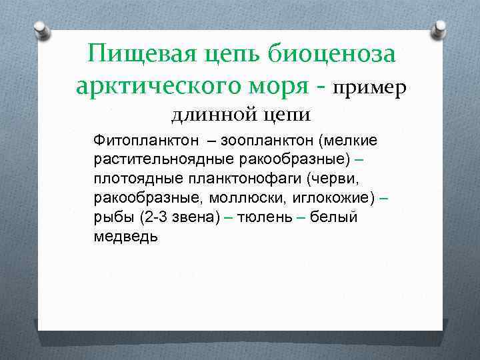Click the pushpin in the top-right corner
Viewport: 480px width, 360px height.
pos(439,29)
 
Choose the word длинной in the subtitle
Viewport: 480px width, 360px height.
pos(211,115)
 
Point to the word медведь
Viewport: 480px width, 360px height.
pos(126,237)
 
